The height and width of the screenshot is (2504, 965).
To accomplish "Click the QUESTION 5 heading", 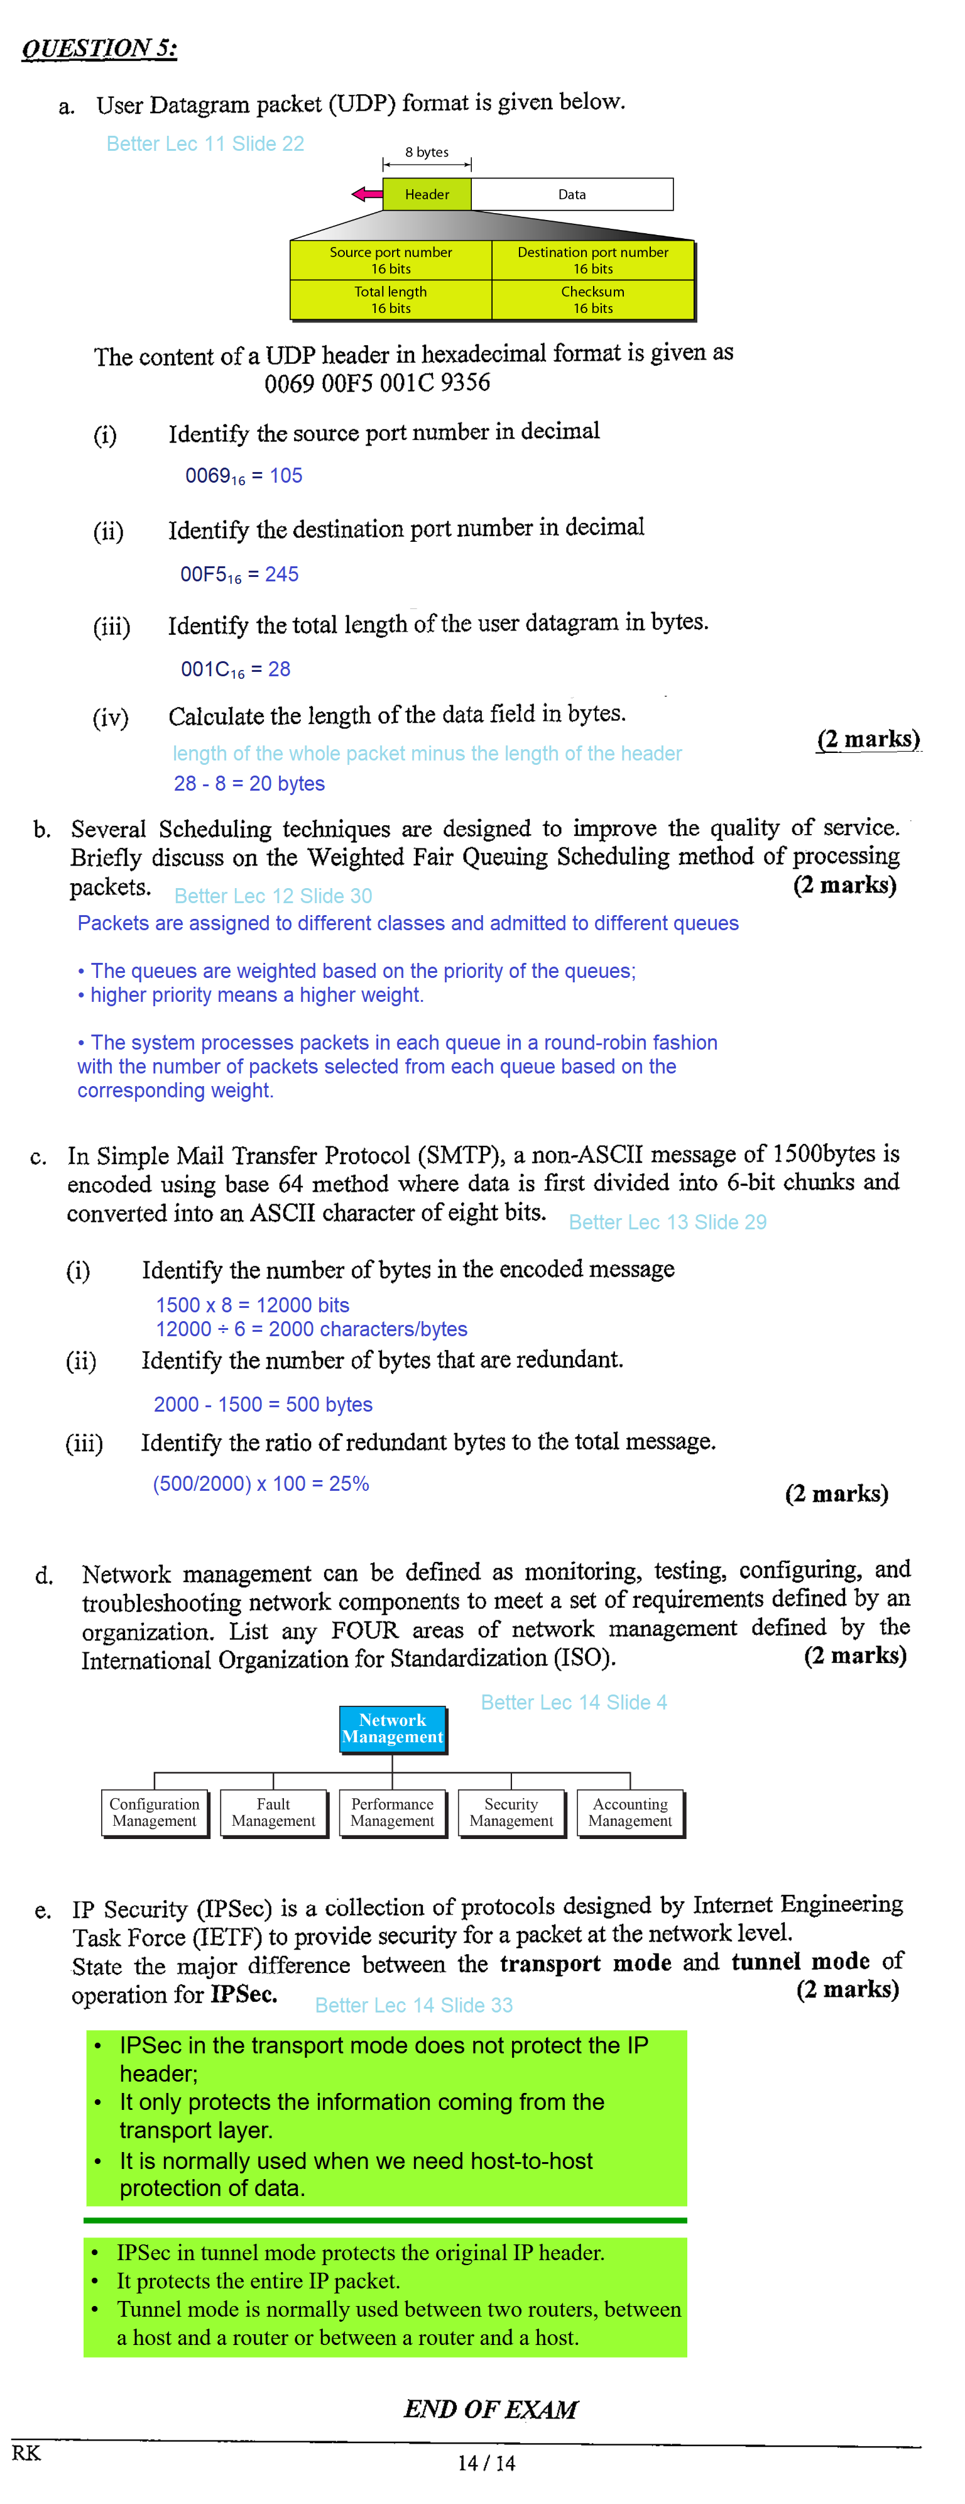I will point(99,48).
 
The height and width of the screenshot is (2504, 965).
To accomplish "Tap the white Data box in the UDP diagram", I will point(572,194).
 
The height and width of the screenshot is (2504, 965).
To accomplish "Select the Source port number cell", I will point(391,260).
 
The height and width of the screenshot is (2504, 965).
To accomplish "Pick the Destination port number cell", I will point(593,260).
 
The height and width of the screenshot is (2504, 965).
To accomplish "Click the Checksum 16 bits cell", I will point(593,299).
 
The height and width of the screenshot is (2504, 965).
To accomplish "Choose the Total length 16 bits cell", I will point(391,299).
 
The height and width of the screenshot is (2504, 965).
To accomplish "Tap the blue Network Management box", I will point(393,1728).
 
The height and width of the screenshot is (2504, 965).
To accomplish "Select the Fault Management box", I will point(273,1812).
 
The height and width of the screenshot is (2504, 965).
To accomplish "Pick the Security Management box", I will point(511,1812).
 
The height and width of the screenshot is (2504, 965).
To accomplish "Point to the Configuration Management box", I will point(155,1812).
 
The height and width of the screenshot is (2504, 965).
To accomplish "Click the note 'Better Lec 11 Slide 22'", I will point(205,144).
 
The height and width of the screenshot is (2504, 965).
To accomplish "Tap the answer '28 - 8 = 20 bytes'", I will point(249,784).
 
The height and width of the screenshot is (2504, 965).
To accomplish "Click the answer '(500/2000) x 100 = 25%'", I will point(261,1483).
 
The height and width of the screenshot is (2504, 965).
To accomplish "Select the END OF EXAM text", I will point(491,2408).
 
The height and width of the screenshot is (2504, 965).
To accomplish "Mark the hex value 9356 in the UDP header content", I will point(464,382).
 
